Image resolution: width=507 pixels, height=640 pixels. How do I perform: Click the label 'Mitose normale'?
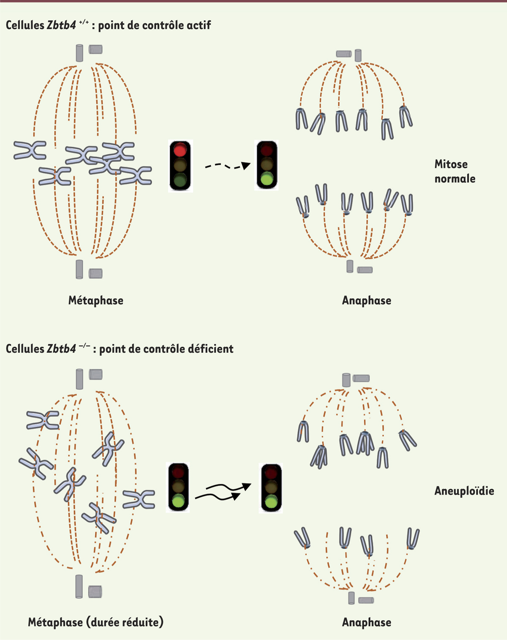point(455,171)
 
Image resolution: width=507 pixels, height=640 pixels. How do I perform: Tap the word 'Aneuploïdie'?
point(464,491)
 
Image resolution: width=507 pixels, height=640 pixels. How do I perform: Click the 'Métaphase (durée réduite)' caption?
point(95,622)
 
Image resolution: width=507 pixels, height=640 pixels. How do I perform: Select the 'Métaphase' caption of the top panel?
point(96,300)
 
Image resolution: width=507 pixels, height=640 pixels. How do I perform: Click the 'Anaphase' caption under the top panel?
point(366,300)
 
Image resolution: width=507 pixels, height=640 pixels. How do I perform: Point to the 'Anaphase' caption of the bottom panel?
point(366,622)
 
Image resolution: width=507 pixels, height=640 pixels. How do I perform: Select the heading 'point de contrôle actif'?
point(155,25)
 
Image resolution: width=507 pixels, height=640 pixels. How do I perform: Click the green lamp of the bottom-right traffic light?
point(271,502)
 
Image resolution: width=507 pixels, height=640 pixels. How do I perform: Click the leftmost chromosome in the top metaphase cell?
point(30,150)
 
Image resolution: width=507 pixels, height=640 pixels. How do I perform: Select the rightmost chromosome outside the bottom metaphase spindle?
point(139,499)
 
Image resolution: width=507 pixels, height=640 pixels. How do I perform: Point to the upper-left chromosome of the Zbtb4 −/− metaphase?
point(43,420)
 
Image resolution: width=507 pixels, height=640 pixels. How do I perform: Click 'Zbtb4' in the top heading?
point(61,25)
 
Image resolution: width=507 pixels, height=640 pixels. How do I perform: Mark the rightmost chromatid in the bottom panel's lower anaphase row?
point(413,538)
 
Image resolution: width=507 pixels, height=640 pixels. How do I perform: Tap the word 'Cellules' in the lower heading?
point(25,349)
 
